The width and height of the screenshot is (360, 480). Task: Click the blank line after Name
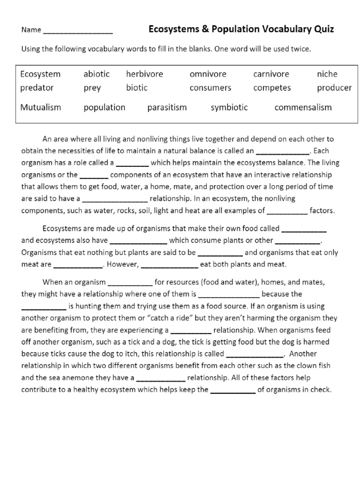[x=77, y=31]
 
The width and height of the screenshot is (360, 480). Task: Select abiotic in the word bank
[x=97, y=74]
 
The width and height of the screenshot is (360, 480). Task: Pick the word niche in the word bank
[x=327, y=74]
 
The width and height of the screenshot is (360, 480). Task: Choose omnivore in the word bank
[x=208, y=74]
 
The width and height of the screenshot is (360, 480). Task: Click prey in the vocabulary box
[x=92, y=88]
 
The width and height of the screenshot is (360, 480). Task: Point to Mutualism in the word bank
[x=41, y=107]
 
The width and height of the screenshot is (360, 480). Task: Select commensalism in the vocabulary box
[x=303, y=107]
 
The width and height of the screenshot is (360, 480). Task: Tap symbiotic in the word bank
[x=229, y=107]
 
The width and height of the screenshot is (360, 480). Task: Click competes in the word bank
[x=272, y=88]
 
